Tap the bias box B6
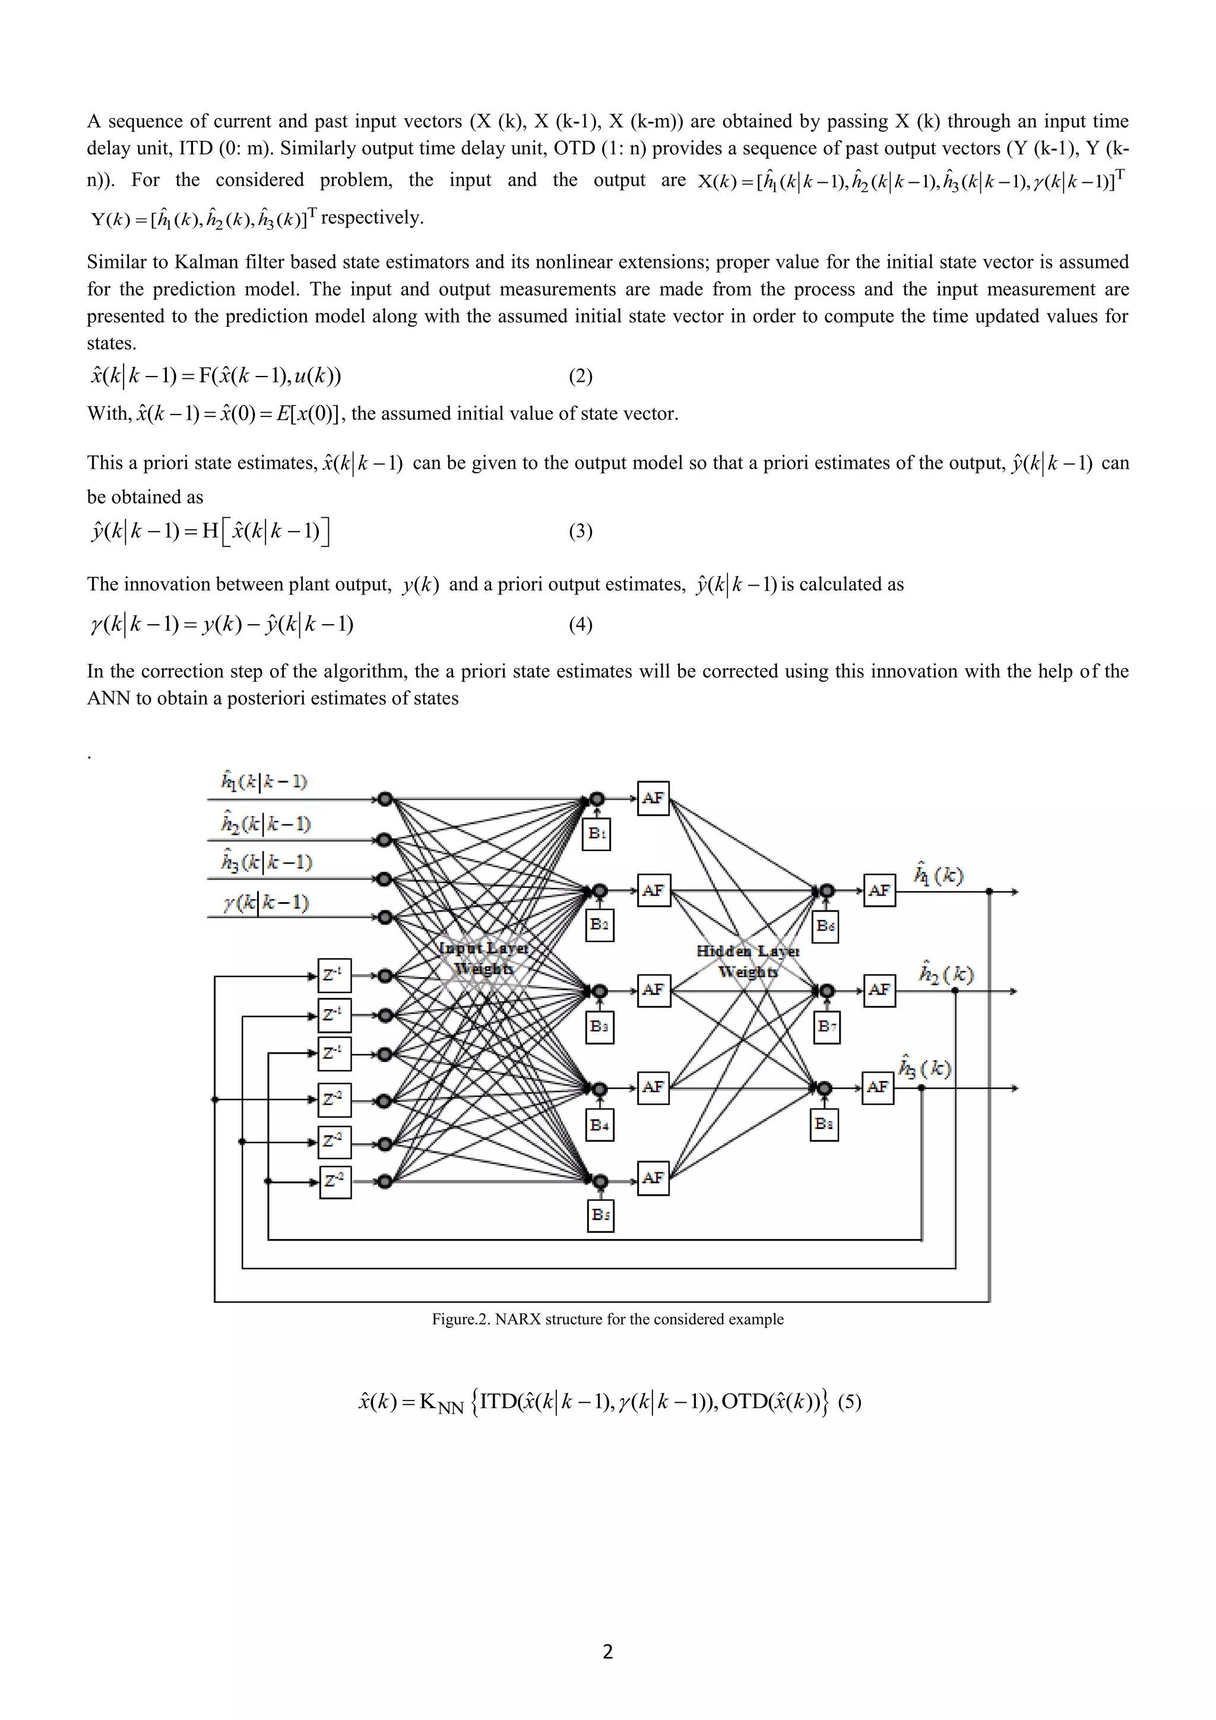(825, 927)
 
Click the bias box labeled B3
(599, 1027)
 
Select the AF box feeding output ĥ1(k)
(879, 891)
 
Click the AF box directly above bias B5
(653, 1178)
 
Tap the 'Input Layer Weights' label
(484, 958)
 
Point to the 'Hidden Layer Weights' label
(748, 961)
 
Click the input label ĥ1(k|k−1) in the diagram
(264, 782)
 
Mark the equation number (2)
(580, 376)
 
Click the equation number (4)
(580, 625)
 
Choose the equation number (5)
(849, 1402)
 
